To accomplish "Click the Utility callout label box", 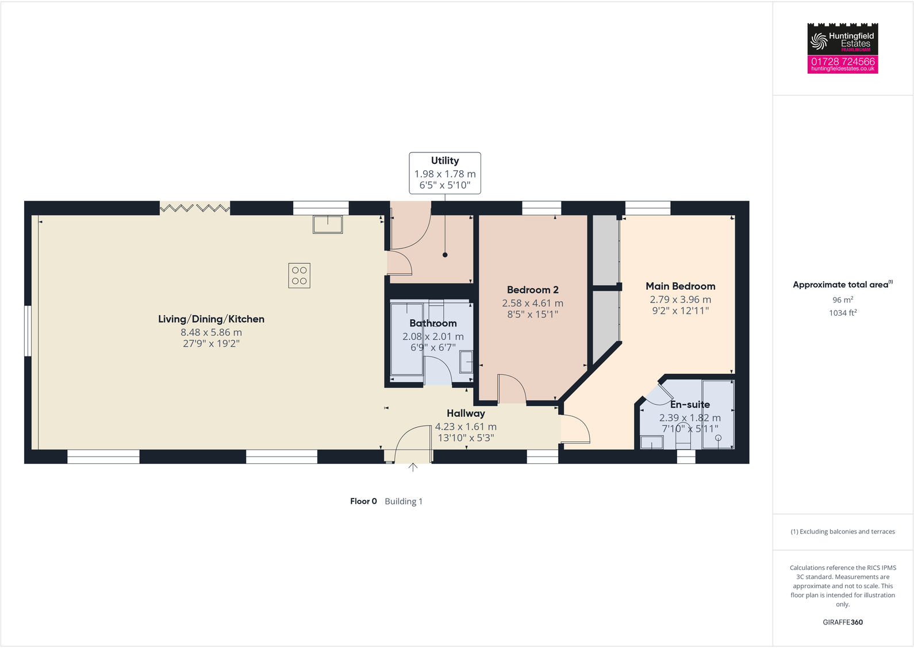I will coord(444,172).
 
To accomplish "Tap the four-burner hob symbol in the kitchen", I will coord(299,275).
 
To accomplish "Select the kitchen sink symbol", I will coord(328,224).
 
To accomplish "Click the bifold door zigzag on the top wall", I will coord(195,208).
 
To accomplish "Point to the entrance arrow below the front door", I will coord(413,467).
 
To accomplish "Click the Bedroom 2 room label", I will coord(532,290).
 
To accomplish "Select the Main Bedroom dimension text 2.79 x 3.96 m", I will coord(680,300).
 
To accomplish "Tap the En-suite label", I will coord(690,405).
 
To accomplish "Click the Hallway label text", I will coord(466,413).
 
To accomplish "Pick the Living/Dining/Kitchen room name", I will coord(211,319).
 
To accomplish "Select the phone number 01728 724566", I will coord(842,62).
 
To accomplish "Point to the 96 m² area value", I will coord(842,300).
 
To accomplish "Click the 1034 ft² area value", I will coord(842,313).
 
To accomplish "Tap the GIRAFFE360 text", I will coord(842,622).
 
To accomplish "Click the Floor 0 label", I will coord(363,501).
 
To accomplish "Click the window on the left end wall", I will coord(28,331).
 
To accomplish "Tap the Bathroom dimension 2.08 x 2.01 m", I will coord(433,336).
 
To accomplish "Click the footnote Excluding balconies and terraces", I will coord(842,532).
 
